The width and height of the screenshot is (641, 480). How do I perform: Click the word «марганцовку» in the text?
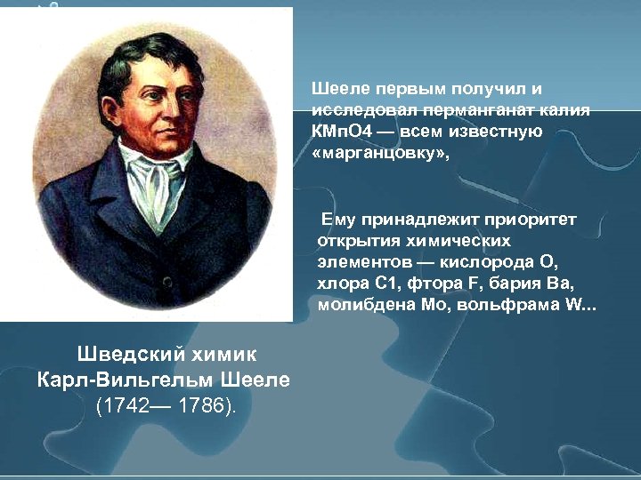tap(374, 154)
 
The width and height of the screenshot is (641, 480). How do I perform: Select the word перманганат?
tap(464, 111)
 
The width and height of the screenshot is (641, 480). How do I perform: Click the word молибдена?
tap(361, 305)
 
